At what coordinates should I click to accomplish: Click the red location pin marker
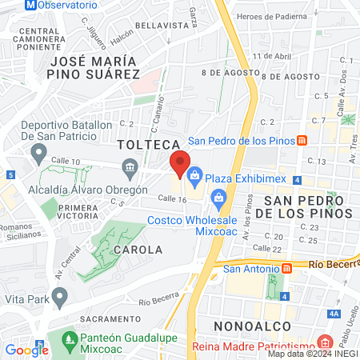coord(180,164)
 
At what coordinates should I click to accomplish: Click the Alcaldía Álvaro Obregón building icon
coord(129,166)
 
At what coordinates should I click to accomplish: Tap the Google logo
coord(26,350)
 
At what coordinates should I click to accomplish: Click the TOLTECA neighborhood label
coord(146,145)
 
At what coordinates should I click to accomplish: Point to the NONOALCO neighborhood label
coord(246,326)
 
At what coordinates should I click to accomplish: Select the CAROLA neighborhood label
coord(138,250)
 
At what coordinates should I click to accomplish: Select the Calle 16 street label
coord(172,198)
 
